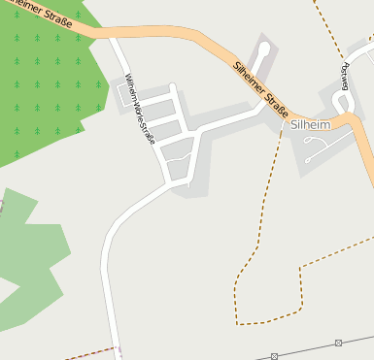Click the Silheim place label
click(310, 125)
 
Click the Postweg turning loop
click(340, 101)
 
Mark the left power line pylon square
click(275, 356)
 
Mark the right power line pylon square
click(338, 343)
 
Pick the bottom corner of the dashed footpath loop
click(239, 321)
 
